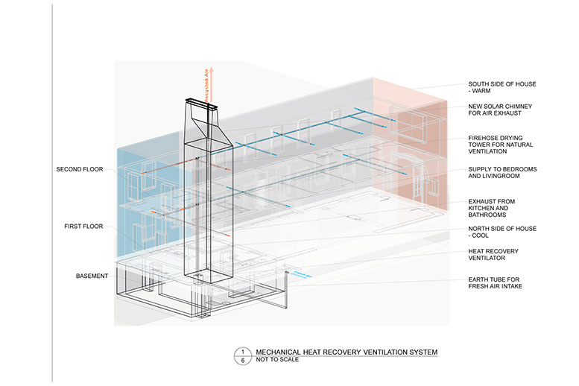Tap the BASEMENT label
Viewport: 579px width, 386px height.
point(92,276)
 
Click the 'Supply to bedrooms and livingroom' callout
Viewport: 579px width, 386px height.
point(502,173)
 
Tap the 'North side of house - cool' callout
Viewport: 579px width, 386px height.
point(502,232)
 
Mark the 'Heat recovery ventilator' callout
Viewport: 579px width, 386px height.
point(493,255)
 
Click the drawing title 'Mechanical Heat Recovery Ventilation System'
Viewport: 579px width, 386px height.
point(347,351)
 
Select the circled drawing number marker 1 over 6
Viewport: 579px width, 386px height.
point(241,355)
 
